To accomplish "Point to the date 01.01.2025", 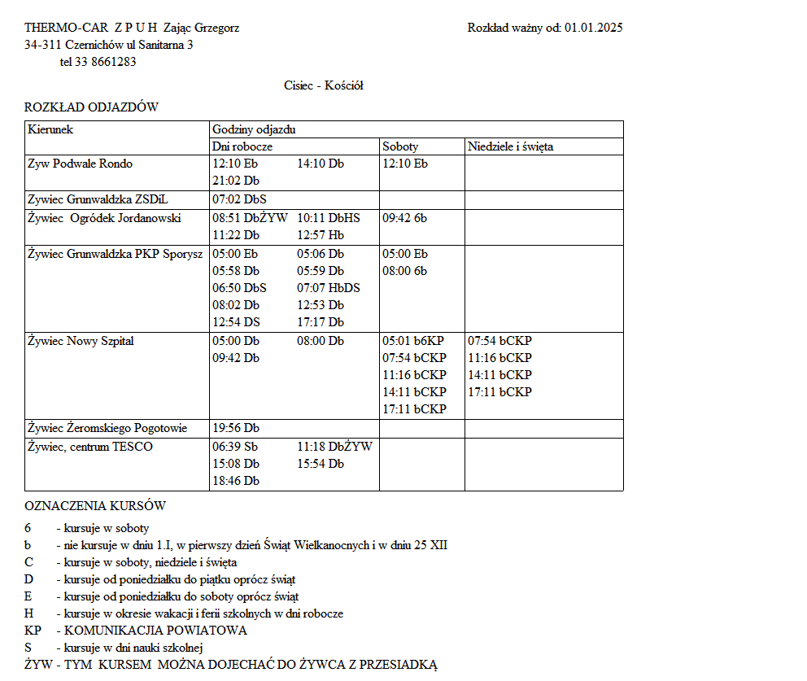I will [x=593, y=28].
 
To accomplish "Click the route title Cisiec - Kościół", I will [x=324, y=85].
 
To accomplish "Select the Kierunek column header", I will [x=50, y=129].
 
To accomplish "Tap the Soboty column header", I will [x=400, y=147].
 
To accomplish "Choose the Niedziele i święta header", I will [x=510, y=147].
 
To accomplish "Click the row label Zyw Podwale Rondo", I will [x=80, y=164].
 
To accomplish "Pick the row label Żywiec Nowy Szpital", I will [x=81, y=341].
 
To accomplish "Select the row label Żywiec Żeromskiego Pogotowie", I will [x=107, y=428].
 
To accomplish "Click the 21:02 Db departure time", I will [x=236, y=181].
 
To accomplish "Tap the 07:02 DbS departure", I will [x=239, y=199].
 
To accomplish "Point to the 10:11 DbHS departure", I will [x=328, y=218].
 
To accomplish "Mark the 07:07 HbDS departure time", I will [x=328, y=288].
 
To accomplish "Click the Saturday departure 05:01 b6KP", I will [x=413, y=341].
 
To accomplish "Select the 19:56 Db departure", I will [x=236, y=428].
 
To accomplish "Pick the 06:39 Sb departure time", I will [x=235, y=447].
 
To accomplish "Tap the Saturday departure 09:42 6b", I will [x=404, y=218].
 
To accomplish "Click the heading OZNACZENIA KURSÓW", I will [x=95, y=506].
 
